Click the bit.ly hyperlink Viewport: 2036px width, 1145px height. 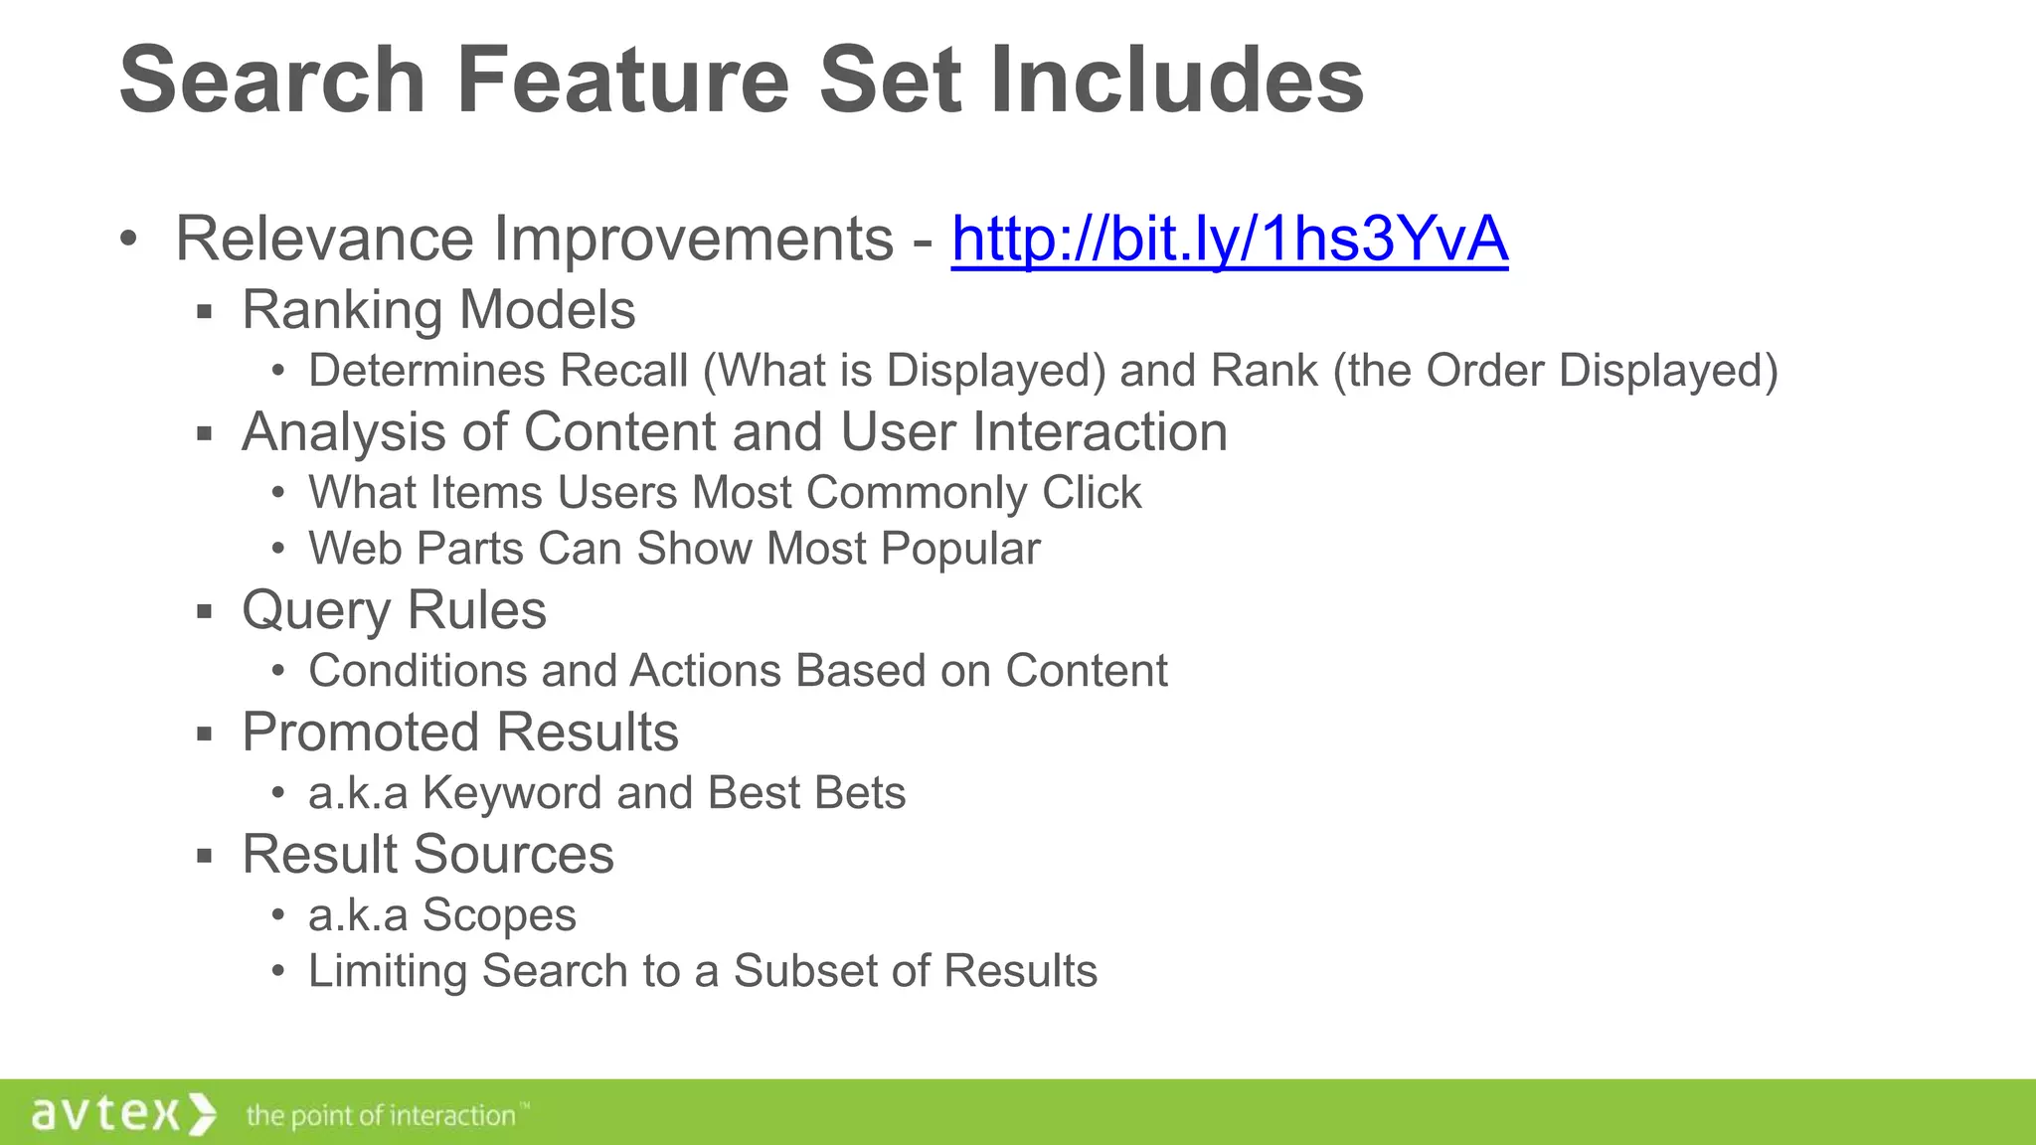(x=1229, y=240)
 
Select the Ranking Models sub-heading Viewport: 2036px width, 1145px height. (x=438, y=310)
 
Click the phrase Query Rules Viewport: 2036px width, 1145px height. (x=394, y=610)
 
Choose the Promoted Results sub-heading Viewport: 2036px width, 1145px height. (x=460, y=733)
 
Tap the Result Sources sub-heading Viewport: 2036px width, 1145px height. (x=427, y=855)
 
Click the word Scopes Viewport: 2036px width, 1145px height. (x=499, y=915)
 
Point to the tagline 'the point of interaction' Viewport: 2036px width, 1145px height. (x=383, y=1116)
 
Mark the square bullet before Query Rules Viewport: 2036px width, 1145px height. (x=205, y=611)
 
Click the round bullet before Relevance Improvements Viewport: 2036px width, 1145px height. (x=127, y=239)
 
